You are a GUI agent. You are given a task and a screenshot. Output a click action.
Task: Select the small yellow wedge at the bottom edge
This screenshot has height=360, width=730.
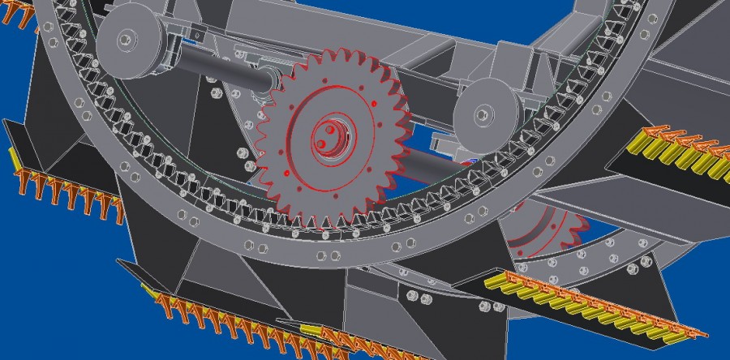click(x=309, y=328)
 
